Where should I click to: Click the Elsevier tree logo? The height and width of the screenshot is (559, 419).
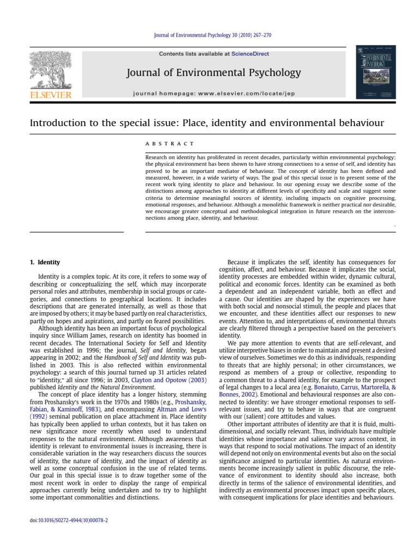click(50, 72)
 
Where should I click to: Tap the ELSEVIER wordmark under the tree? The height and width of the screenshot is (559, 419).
click(50, 95)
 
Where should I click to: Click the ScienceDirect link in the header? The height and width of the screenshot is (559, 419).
click(250, 53)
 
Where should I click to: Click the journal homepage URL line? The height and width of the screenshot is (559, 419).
click(214, 93)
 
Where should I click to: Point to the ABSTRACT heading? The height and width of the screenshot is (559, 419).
click(169, 144)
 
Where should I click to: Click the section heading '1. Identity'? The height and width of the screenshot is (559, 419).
click(45, 262)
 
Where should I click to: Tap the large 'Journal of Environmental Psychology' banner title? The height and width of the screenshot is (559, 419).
click(214, 73)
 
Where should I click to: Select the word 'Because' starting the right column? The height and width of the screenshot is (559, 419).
click(238, 262)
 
